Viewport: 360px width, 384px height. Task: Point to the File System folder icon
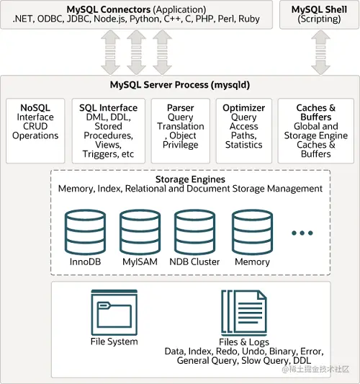click(114, 310)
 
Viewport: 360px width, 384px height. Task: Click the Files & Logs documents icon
click(243, 310)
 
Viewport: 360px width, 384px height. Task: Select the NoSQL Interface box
click(36, 130)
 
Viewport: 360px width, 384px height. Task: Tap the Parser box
click(180, 130)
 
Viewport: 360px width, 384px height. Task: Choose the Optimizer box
click(243, 130)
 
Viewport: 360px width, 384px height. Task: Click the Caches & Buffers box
click(316, 130)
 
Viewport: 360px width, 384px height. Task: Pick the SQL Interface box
click(108, 130)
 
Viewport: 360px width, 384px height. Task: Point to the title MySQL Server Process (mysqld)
click(180, 84)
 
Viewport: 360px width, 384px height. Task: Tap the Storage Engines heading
click(190, 179)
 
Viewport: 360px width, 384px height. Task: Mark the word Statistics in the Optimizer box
click(243, 145)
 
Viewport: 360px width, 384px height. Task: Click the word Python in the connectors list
click(147, 19)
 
